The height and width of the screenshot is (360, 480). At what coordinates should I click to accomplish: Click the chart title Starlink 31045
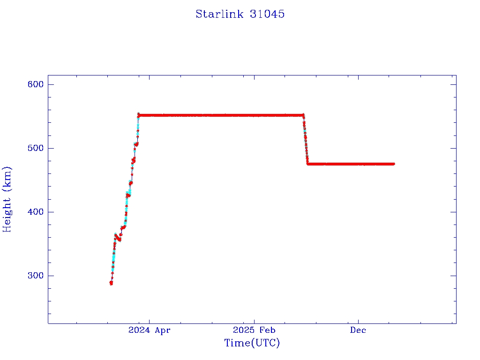coord(240,14)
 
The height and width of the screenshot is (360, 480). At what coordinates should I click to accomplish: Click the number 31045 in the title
coord(268,14)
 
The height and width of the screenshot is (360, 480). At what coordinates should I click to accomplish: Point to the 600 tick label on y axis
coord(35,84)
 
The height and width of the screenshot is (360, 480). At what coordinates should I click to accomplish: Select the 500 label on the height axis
coord(35,148)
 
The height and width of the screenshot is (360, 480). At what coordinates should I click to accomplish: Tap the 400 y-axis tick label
coord(35,212)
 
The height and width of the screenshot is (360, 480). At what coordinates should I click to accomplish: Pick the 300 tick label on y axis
coord(35,276)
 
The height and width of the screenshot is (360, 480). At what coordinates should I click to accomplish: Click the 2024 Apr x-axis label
coord(150,330)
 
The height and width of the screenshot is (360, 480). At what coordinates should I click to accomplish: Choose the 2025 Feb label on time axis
coord(254,330)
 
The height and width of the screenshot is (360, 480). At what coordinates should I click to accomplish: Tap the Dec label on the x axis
coord(358,330)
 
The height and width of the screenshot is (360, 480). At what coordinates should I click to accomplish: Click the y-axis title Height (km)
coord(7,199)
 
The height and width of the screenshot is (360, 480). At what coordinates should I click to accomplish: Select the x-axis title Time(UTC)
coord(252,343)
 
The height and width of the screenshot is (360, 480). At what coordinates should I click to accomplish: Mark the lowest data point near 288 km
coord(111,283)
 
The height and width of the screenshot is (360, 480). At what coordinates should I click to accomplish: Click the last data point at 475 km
coord(393,164)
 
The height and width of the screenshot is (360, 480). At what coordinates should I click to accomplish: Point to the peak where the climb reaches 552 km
coord(138,114)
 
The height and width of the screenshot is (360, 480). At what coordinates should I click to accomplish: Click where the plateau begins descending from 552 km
coord(303,115)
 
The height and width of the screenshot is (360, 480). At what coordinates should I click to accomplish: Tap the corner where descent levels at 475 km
coord(308,164)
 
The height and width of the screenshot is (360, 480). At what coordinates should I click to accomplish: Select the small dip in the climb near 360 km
coord(119,239)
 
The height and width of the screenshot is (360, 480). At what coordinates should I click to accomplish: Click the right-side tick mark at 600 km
coord(453,84)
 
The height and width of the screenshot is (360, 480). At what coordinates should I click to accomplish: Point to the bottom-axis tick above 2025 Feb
coord(254,321)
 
